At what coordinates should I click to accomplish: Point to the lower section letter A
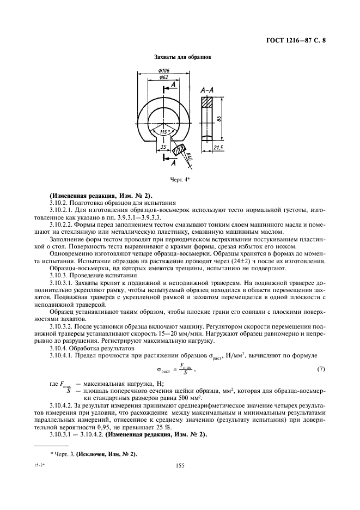pyautogui.click(x=173, y=163)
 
